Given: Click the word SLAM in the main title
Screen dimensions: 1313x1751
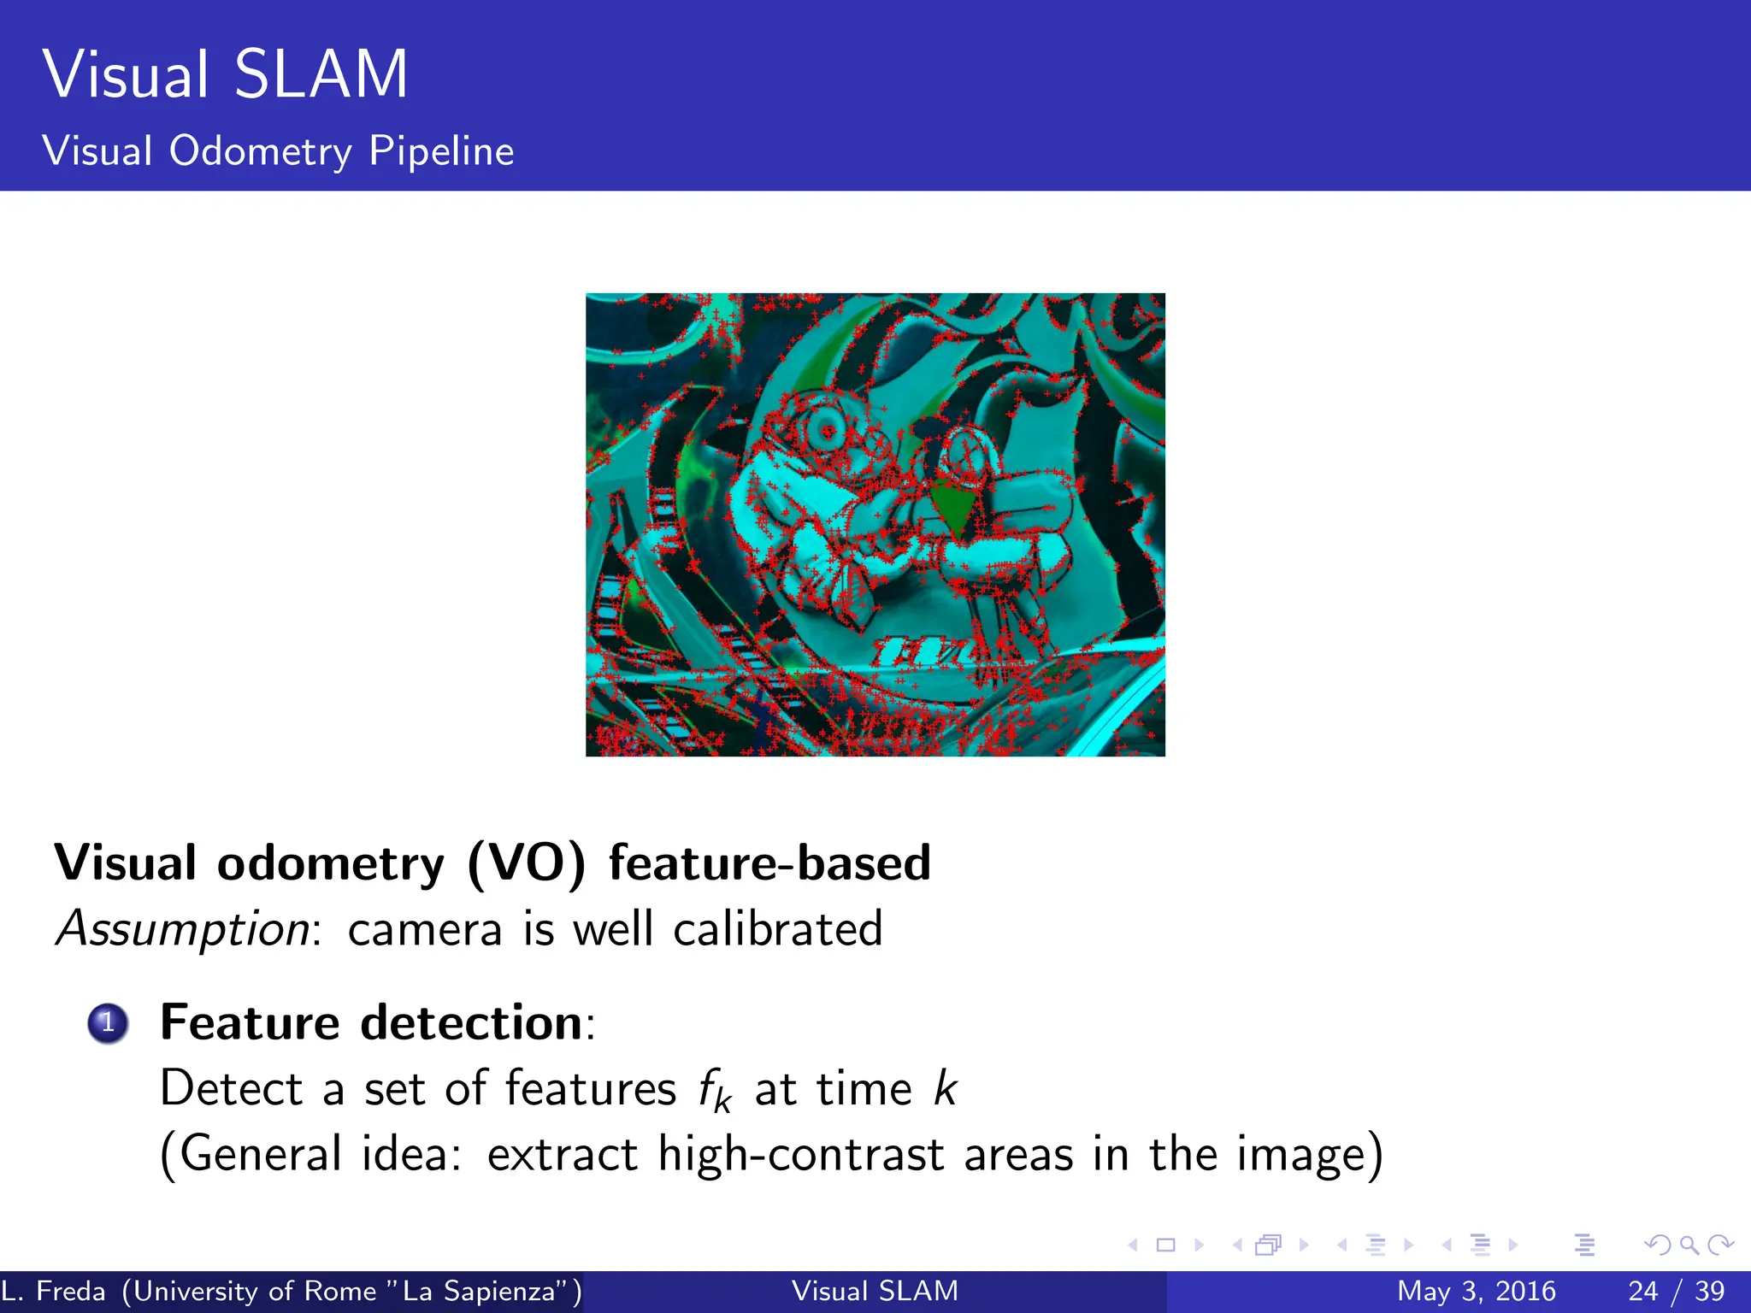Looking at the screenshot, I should click(321, 75).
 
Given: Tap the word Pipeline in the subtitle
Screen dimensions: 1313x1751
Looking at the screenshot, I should click(441, 151).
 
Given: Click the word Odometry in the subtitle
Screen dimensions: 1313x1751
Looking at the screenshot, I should click(260, 152).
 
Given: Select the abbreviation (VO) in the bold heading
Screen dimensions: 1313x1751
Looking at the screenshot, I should click(527, 863).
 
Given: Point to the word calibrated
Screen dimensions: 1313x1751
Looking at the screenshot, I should click(777, 929).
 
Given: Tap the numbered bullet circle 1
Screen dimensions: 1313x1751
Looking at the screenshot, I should click(108, 1022).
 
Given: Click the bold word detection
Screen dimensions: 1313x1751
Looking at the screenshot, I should click(471, 1022).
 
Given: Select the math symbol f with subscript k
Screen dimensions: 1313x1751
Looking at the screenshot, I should click(714, 1092).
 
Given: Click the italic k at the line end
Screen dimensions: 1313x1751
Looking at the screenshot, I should click(945, 1088).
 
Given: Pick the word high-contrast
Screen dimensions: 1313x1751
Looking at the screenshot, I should click(800, 1154).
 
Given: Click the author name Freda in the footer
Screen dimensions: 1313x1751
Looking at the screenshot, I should click(71, 1291).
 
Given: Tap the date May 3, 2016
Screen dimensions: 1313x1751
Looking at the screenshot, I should click(1476, 1291).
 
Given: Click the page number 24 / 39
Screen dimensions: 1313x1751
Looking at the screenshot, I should click(1676, 1291).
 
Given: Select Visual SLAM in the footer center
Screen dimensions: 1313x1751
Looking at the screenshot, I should click(875, 1291).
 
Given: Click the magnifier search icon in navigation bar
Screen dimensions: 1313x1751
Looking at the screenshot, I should click(1689, 1245).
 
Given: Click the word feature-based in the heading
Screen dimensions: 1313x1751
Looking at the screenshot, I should click(769, 863).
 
